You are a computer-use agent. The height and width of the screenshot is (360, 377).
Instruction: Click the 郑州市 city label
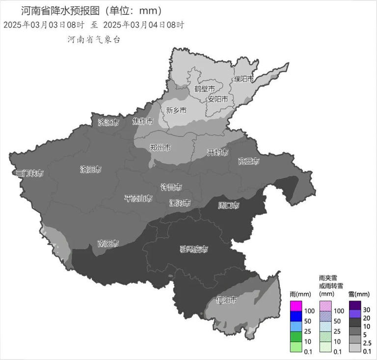click(x=160, y=147)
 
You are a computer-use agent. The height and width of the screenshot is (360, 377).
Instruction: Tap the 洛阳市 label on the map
click(x=91, y=169)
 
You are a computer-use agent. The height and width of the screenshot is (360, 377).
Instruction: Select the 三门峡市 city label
click(x=30, y=173)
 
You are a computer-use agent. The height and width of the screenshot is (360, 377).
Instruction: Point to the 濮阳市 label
click(x=243, y=79)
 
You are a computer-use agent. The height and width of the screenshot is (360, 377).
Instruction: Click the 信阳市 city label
click(x=227, y=300)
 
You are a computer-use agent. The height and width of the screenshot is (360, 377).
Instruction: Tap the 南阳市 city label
click(x=108, y=244)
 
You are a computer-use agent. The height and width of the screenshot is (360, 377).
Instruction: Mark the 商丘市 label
click(x=248, y=161)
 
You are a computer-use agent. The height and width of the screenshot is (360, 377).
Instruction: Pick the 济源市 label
click(x=108, y=122)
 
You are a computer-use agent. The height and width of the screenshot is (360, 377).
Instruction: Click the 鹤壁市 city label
click(x=204, y=89)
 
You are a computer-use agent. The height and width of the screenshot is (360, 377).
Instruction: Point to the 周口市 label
click(x=229, y=205)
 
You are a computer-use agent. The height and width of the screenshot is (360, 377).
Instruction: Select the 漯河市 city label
click(x=180, y=202)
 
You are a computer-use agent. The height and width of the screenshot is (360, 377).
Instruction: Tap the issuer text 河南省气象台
click(x=93, y=40)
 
